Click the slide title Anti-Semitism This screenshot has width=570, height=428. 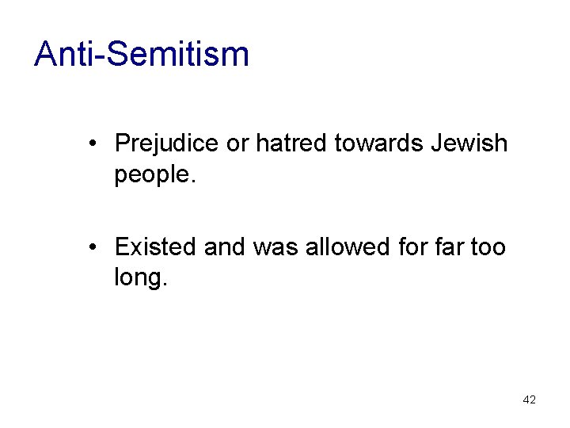coord(142,54)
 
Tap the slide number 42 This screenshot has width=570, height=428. coord(530,399)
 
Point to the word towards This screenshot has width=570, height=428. coord(379,143)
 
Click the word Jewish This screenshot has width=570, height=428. coord(469,143)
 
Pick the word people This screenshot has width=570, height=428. coord(154,175)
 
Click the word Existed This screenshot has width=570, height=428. coord(155,247)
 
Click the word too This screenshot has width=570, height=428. coord(488,247)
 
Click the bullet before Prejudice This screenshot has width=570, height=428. coord(93,144)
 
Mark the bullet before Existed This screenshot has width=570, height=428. coord(93,248)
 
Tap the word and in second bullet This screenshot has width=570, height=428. coord(224,247)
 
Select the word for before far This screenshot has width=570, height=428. coord(413,247)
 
